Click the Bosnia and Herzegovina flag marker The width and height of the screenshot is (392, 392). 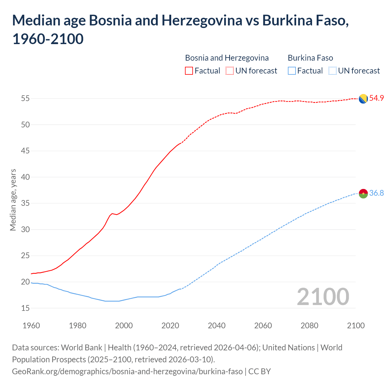point(363,99)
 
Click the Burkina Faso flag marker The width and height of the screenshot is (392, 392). point(363,194)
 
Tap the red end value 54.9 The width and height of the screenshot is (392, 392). point(376,98)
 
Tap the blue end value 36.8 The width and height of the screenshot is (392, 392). point(376,193)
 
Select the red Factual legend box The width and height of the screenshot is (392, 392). point(189,71)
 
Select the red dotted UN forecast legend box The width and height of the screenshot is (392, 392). point(230,71)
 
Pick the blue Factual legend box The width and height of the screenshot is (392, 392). point(292,71)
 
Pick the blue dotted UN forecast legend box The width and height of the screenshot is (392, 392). point(332,71)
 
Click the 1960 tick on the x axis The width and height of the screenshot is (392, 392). point(31,326)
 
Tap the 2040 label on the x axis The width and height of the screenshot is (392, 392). point(217,326)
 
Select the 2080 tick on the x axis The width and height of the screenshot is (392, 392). point(309,326)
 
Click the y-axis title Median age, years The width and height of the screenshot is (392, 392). point(13,200)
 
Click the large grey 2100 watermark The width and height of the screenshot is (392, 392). point(323,296)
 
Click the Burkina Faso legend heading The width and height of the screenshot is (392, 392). point(310,58)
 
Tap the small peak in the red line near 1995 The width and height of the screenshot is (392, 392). point(112,213)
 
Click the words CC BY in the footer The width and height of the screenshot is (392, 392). point(259,371)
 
